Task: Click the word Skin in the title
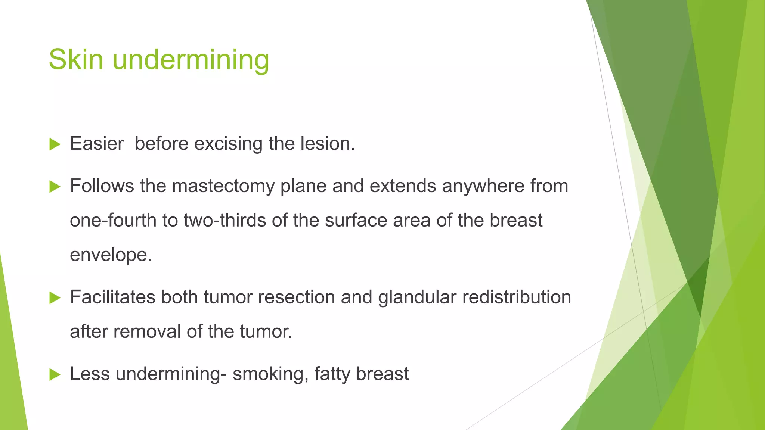pos(76,59)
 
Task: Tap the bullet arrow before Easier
pos(55,144)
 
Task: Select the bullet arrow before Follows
pos(55,186)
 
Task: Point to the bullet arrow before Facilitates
pos(55,297)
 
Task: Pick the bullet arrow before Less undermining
pos(55,374)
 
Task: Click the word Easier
pos(97,144)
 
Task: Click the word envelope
pos(111,255)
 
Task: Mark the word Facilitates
pos(113,297)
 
